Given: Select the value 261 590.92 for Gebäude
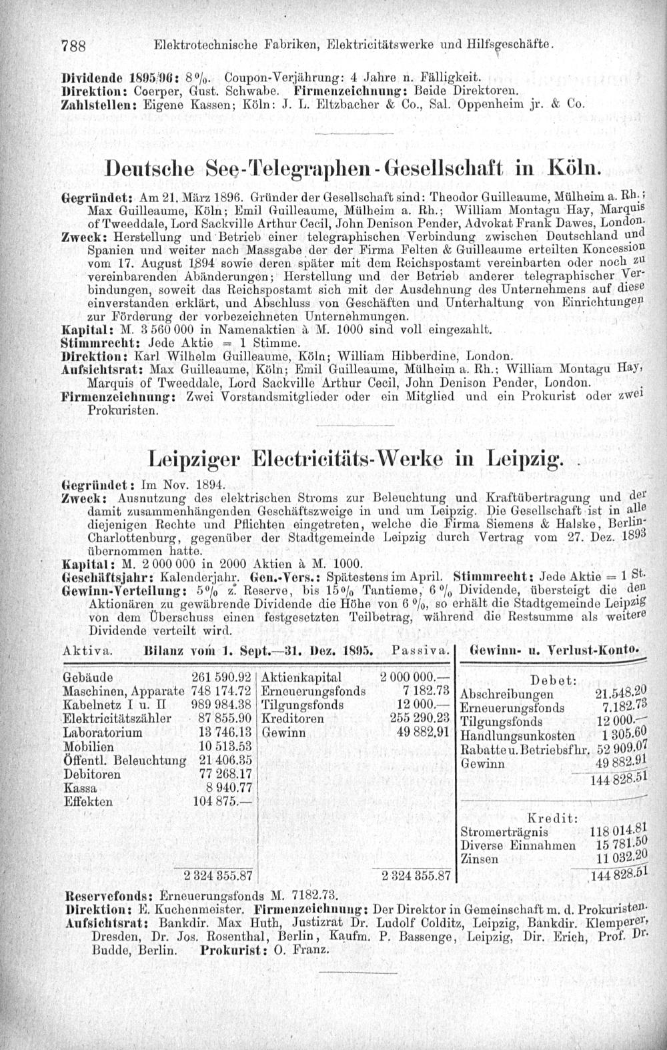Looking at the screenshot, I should coord(220,676).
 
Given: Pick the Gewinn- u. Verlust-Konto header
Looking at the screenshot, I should coord(555,648).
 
